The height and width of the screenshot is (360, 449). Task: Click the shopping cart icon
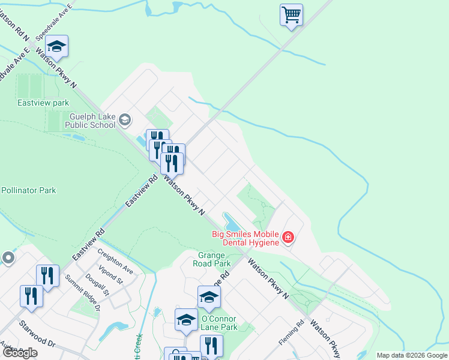pyautogui.click(x=291, y=14)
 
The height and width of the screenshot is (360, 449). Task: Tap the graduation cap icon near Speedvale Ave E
pyautogui.click(x=57, y=46)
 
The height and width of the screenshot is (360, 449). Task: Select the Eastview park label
pyautogui.click(x=43, y=103)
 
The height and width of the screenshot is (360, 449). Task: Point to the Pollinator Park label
pyautogui.click(x=28, y=190)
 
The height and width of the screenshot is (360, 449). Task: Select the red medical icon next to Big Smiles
pyautogui.click(x=288, y=238)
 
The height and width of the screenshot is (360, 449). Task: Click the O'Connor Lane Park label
pyautogui.click(x=220, y=323)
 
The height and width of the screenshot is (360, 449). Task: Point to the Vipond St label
pyautogui.click(x=112, y=277)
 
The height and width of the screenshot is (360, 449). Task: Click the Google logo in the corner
pyautogui.click(x=20, y=353)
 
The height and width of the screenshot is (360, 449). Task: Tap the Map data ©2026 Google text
pyautogui.click(x=412, y=355)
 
